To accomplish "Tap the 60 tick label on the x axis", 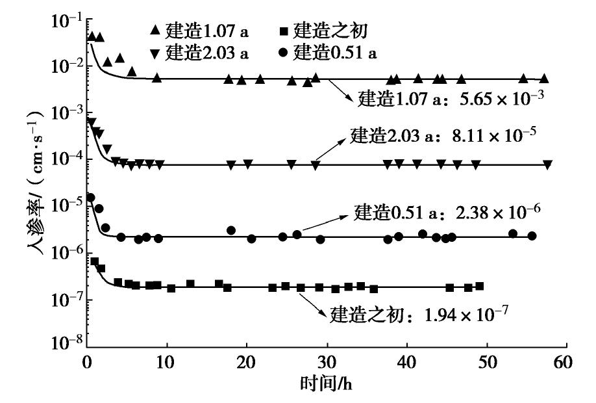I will coord(566,361).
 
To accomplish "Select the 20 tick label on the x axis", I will coord(247,361).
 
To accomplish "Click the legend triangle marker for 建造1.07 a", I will coord(155,30).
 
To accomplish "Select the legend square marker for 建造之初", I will coord(283,30).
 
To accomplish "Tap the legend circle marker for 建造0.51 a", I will coord(283,52).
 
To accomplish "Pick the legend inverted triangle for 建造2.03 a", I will coord(155,53).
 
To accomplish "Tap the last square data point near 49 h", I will coord(480,286).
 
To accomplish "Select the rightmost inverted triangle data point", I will coord(548,164).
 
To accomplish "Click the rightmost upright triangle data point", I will coord(544,79).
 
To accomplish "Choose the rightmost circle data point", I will coord(532,236).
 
